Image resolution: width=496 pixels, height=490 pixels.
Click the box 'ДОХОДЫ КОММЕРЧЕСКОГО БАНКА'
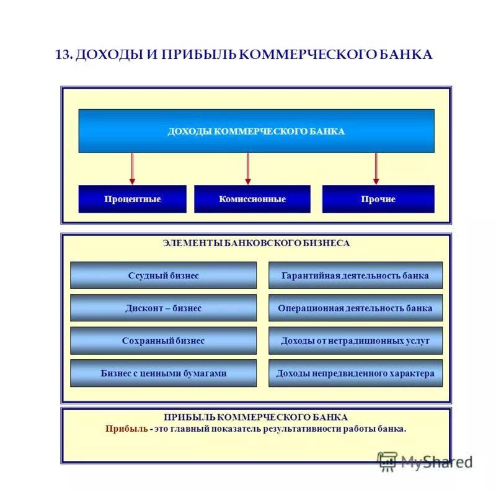tap(256, 131)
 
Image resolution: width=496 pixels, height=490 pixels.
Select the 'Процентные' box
tap(132, 199)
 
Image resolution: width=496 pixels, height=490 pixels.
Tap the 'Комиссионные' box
tap(252, 199)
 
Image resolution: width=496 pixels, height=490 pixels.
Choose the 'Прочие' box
tap(378, 199)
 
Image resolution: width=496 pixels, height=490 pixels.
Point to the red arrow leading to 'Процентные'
tap(132, 168)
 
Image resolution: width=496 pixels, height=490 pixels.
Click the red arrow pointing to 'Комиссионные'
tap(248, 168)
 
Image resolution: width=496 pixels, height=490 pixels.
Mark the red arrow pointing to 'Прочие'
tap(376, 168)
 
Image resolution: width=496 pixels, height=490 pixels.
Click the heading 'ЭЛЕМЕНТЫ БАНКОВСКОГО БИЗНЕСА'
tap(256, 243)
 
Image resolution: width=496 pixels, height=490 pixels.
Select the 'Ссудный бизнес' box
tap(163, 275)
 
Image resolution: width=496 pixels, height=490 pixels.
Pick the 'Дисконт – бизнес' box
tap(163, 308)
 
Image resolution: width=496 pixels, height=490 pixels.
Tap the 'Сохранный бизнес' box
tap(163, 341)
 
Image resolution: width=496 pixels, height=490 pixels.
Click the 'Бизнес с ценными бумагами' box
tap(163, 373)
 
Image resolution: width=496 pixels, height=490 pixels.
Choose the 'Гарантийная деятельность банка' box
tap(355, 275)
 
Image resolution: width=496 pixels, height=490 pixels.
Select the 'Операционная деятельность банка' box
tap(355, 308)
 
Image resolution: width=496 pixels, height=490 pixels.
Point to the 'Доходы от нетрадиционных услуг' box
tap(355, 341)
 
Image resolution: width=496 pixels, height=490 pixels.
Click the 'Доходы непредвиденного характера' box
tap(355, 373)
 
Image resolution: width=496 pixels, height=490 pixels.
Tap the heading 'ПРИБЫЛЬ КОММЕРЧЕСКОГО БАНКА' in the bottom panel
tap(256, 417)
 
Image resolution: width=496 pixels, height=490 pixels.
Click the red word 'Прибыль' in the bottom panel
tap(126, 429)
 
